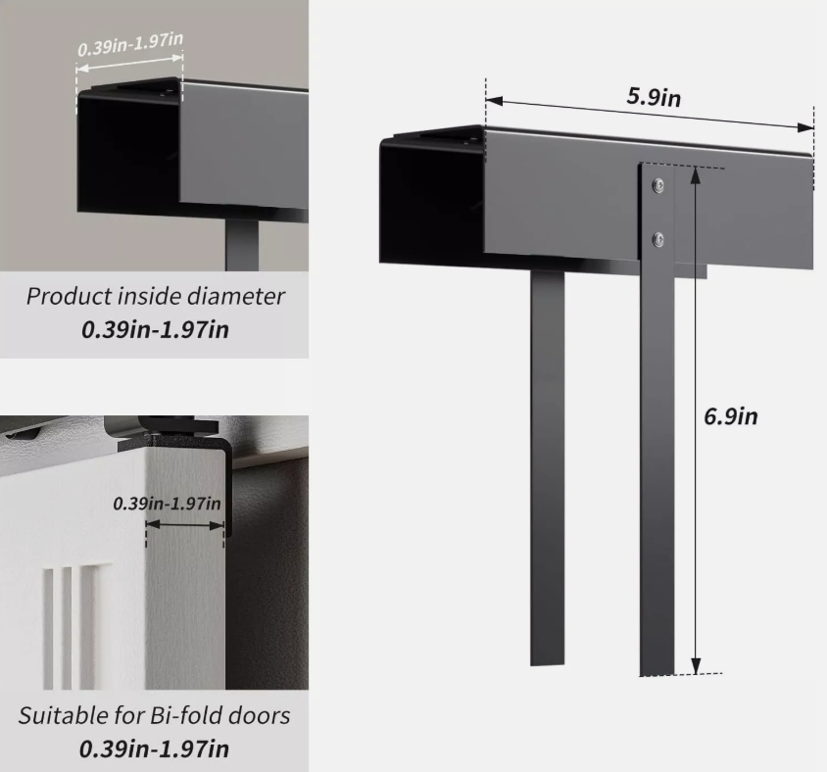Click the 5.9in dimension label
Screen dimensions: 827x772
(x=654, y=96)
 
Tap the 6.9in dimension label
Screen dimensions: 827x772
(x=730, y=416)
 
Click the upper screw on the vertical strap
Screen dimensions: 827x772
(x=657, y=185)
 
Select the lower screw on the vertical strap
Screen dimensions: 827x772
(x=657, y=240)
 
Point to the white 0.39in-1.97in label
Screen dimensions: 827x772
(x=130, y=44)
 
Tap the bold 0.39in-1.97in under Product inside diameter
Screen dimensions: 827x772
(x=155, y=329)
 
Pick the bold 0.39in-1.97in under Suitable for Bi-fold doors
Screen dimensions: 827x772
(x=154, y=748)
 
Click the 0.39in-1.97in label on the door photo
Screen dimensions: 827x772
(x=167, y=503)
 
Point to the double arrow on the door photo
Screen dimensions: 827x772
(x=184, y=525)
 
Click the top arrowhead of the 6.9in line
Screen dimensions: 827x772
(x=696, y=175)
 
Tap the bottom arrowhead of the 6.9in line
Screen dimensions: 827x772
(x=696, y=666)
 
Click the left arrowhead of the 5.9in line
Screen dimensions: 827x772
(x=494, y=100)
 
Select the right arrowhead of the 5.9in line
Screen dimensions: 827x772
(x=805, y=127)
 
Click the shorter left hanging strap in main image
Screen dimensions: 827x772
(x=548, y=467)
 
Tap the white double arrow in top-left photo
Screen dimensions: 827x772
(x=129, y=63)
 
